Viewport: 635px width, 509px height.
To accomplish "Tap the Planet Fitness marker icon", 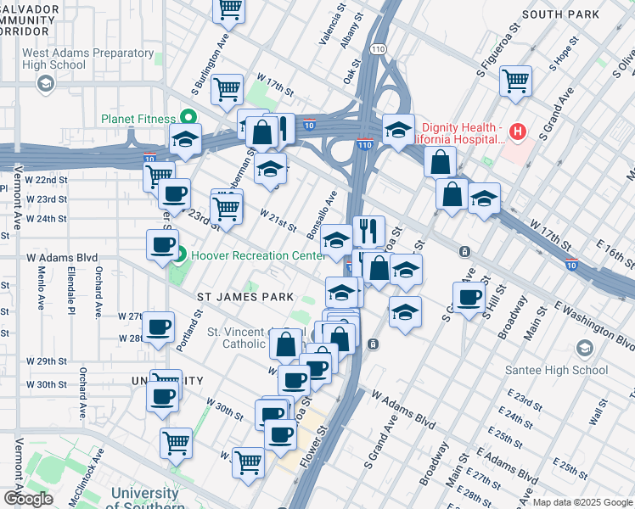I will pyautogui.click(x=190, y=117).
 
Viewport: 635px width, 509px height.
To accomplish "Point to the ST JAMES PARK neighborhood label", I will pyautogui.click(x=245, y=297).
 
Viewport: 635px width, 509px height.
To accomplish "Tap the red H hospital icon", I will pyautogui.click(x=518, y=131).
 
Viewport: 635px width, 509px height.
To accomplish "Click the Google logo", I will pyautogui.click(x=28, y=499).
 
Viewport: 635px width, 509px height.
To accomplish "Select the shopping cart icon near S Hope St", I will pyautogui.click(x=515, y=81).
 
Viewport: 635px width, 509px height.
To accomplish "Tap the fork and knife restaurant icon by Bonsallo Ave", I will pyautogui.click(x=368, y=229).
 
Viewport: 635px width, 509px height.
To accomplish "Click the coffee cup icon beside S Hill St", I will pyautogui.click(x=468, y=298).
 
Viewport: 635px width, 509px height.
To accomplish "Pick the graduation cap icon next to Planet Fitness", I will pyautogui.click(x=184, y=140).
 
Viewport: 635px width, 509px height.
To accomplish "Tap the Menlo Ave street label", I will pyautogui.click(x=40, y=288).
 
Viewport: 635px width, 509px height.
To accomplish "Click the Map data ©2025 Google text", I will pyautogui.click(x=582, y=502).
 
